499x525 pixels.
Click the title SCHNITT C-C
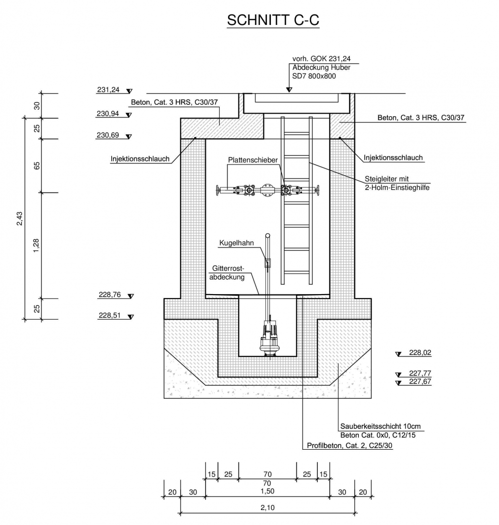[x=272, y=20]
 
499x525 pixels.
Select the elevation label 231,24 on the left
[x=108, y=90]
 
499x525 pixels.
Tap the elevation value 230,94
[x=108, y=114]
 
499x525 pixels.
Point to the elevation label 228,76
[x=110, y=295]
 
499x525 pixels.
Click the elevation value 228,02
[x=420, y=352]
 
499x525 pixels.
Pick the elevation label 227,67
[x=420, y=382]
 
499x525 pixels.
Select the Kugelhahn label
[x=237, y=243]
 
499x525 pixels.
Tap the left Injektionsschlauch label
[x=140, y=159]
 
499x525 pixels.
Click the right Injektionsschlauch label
[x=393, y=158]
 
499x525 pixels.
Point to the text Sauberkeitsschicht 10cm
[x=381, y=427]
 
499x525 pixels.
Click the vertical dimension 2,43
[x=19, y=218]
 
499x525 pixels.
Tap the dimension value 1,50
[x=267, y=491]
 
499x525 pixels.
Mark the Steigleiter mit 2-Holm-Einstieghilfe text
[x=397, y=183]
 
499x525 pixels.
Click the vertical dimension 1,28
[x=36, y=245]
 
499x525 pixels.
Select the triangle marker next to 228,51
[x=131, y=317]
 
